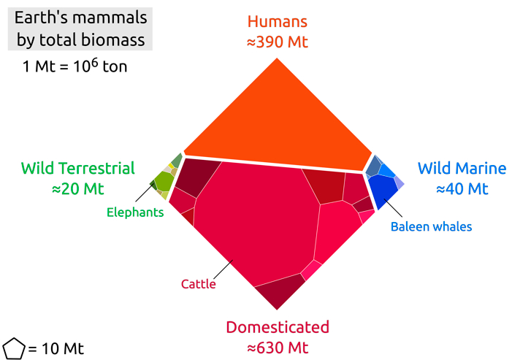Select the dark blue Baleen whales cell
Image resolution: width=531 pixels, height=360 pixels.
click(383, 190)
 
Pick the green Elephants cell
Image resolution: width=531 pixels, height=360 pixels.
click(164, 179)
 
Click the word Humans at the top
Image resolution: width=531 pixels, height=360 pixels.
click(277, 22)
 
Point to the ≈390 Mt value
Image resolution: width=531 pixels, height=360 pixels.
click(277, 42)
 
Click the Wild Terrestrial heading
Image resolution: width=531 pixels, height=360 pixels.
click(78, 168)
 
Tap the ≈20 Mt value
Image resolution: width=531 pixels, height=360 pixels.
click(78, 188)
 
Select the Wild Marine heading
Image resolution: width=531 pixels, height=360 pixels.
click(462, 168)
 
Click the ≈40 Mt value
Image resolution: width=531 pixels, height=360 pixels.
click(462, 188)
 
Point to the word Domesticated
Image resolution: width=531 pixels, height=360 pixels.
click(278, 326)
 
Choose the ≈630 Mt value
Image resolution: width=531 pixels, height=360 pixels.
click(278, 346)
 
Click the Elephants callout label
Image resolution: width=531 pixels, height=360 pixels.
click(135, 212)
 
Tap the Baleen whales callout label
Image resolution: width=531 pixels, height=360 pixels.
click(431, 226)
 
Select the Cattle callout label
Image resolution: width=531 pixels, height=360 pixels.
click(199, 284)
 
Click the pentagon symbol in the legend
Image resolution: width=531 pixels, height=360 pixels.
click(14, 348)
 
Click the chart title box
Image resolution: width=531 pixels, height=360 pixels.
click(81, 28)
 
